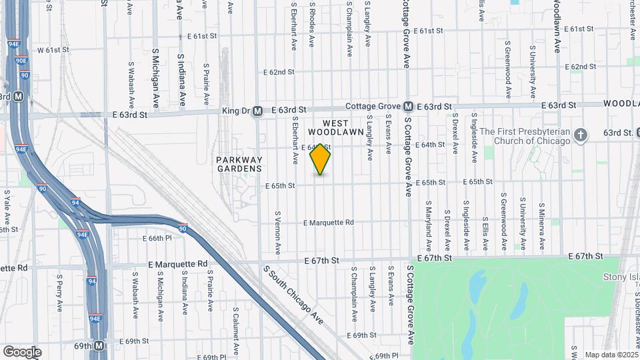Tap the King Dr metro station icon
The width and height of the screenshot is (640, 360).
tap(257, 112)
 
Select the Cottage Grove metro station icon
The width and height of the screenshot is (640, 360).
tap(407, 107)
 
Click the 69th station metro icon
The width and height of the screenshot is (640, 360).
tap(99, 346)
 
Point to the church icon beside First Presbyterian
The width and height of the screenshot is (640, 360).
tap(581, 135)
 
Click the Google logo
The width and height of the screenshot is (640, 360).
tap(22, 352)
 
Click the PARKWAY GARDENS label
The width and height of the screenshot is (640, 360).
tap(239, 164)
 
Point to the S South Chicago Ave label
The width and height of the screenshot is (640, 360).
tap(293, 295)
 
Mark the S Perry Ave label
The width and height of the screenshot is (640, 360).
tap(59, 293)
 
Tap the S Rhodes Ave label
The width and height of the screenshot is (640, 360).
tap(311, 24)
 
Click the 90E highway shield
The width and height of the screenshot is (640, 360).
tap(21, 60)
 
